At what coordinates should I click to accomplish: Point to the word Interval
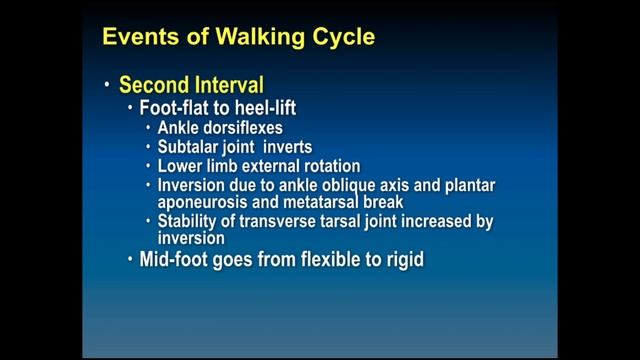click(230, 85)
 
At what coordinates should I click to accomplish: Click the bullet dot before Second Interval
click(107, 86)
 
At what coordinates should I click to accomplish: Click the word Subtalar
click(192, 147)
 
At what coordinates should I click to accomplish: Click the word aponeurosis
click(204, 203)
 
